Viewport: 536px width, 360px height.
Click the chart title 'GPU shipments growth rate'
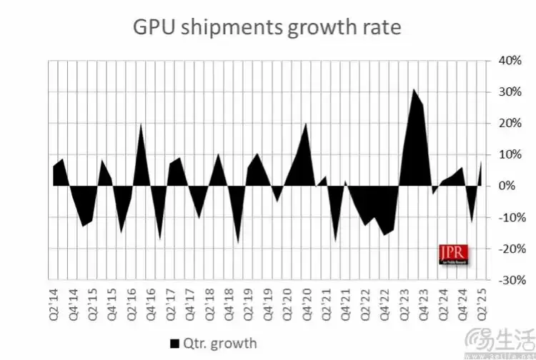pyautogui.click(x=268, y=28)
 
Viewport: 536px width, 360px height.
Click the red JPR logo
pyautogui.click(x=450, y=254)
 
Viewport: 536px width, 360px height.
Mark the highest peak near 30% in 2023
pyautogui.click(x=413, y=89)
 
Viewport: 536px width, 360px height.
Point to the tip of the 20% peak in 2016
pyautogui.click(x=141, y=124)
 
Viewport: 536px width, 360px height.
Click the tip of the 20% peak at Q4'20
pyautogui.click(x=306, y=124)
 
